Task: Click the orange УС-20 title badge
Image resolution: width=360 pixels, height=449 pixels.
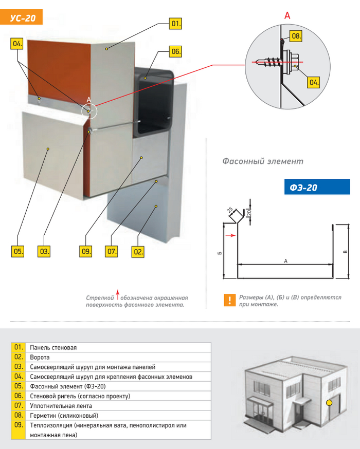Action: coord(23,18)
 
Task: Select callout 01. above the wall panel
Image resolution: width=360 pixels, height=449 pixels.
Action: coord(176,24)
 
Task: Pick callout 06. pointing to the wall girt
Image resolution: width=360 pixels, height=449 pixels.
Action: coord(176,51)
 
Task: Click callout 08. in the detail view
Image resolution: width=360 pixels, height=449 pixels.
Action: coord(296,36)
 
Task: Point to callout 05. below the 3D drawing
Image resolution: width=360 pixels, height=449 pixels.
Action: coord(18,252)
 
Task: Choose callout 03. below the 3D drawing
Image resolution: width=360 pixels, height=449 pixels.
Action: coord(44,252)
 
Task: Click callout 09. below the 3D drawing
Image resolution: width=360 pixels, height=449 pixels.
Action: coord(86,252)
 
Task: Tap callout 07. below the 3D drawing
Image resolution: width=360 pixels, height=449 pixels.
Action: coord(112,252)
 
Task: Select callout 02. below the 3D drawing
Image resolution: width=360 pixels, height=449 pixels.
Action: coord(138,252)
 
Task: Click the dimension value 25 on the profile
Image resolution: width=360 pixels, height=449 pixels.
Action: coord(229,210)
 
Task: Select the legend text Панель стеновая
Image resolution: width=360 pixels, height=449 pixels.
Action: coord(53,348)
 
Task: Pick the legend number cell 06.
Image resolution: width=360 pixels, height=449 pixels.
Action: coord(18,396)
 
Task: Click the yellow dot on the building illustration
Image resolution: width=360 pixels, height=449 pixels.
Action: coord(329,402)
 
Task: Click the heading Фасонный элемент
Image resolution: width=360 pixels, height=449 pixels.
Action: coord(262,161)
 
